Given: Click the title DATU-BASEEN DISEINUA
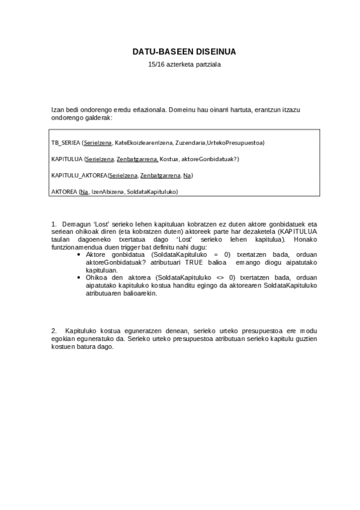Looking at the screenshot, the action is click(180, 52).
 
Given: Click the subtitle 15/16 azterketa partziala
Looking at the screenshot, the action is click(180, 64).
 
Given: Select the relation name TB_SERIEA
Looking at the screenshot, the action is click(66, 143).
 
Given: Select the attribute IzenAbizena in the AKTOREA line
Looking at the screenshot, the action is click(107, 191).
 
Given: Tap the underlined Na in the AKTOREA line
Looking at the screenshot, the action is click(84, 191).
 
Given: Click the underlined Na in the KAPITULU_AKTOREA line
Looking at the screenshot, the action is click(187, 175).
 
